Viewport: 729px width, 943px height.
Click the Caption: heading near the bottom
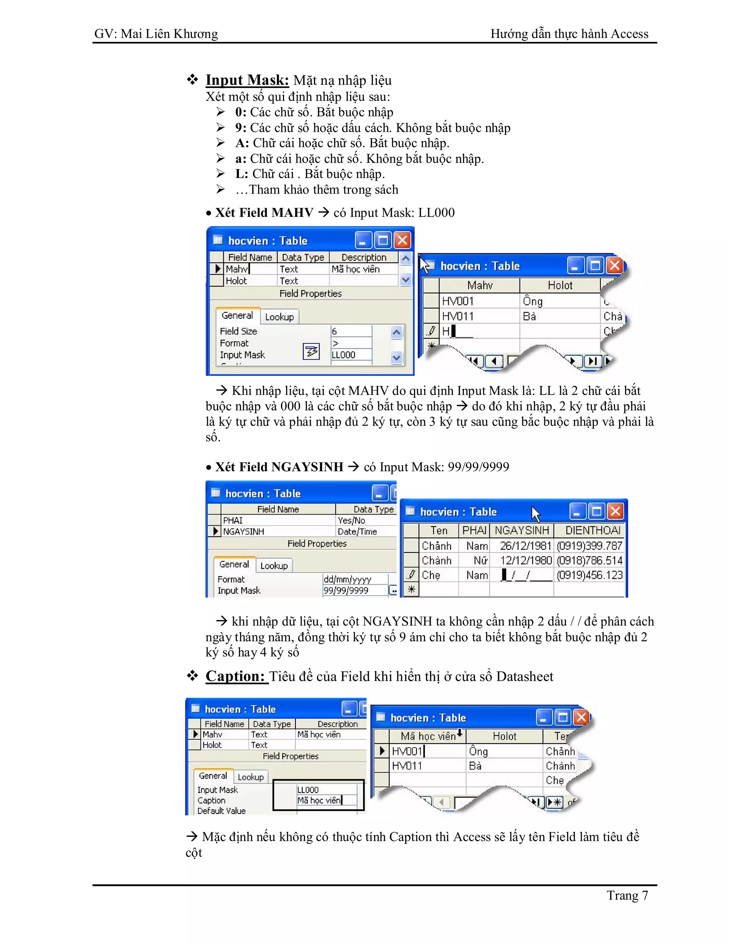point(235,676)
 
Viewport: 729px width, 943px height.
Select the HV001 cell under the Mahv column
point(457,301)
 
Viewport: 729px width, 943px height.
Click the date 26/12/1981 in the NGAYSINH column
point(525,546)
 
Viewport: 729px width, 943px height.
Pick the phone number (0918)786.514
point(589,560)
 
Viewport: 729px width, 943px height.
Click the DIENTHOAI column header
point(593,530)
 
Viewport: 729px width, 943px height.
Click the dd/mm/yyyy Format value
point(347,579)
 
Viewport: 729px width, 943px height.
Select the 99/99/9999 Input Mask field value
point(346,590)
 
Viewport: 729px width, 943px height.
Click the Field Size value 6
point(334,331)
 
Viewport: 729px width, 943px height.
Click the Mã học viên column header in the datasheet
point(428,736)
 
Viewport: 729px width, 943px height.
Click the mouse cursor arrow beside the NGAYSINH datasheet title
point(535,514)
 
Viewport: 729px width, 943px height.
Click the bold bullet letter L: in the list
point(241,174)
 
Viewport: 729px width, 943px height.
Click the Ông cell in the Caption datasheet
point(478,751)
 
